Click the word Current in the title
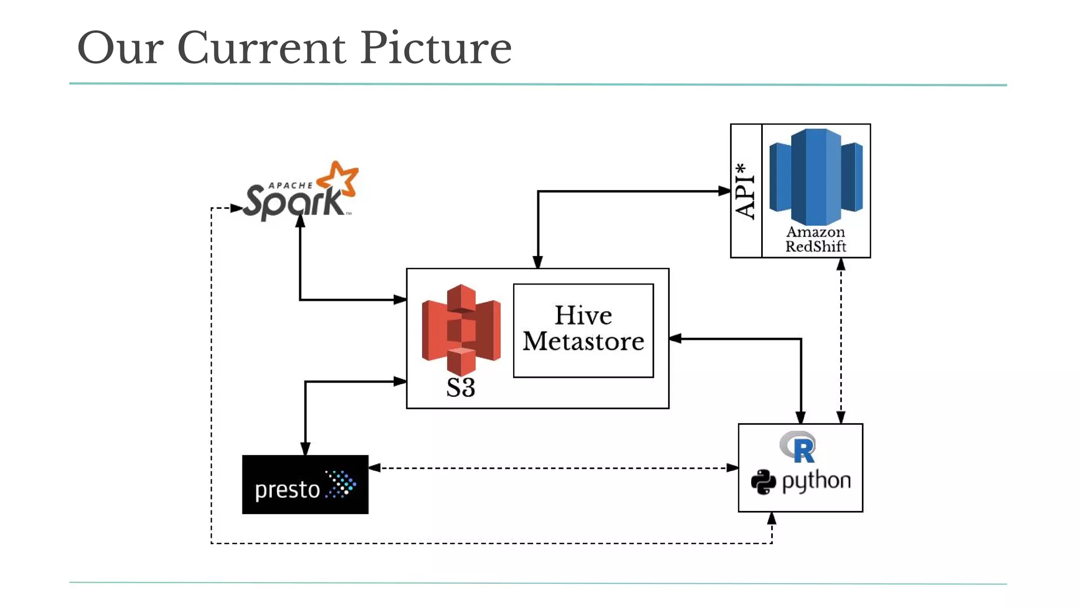[261, 48]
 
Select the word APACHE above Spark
[290, 185]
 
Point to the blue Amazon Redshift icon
[816, 177]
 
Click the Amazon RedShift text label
[816, 239]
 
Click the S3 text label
[461, 387]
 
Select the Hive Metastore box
[583, 330]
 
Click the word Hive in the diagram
[583, 316]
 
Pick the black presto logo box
[305, 484]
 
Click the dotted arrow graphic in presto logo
[341, 484]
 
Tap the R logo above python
[799, 446]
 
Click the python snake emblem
[763, 481]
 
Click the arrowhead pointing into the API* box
[725, 191]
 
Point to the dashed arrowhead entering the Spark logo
[237, 208]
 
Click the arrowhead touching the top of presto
[305, 449]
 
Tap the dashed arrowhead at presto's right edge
[375, 468]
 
